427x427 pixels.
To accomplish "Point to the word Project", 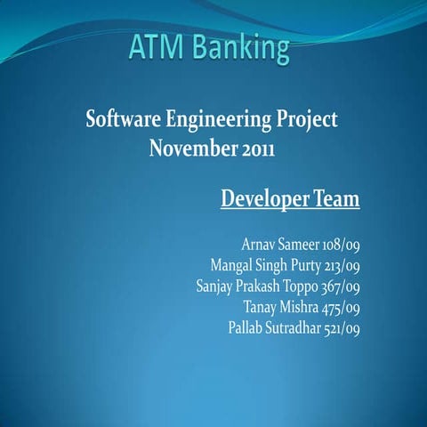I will click(x=308, y=120).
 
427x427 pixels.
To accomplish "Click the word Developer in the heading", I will click(x=265, y=197).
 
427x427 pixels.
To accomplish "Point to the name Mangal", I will click(x=231, y=264).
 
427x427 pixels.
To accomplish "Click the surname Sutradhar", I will click(x=294, y=328).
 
